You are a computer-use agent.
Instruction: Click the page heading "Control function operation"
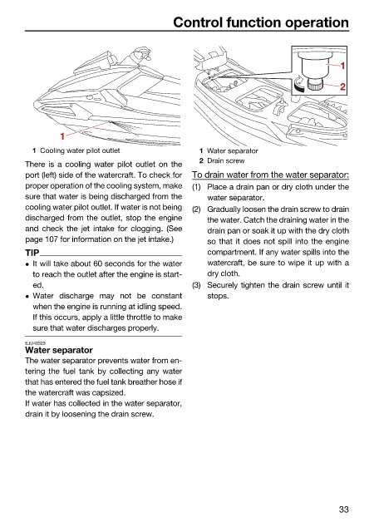point(261,22)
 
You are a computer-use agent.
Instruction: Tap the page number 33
point(343,510)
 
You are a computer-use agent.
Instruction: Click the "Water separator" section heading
point(59,350)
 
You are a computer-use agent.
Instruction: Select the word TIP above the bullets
point(32,253)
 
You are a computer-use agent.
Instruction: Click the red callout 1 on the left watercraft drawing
point(62,136)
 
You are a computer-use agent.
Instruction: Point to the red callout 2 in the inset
point(342,86)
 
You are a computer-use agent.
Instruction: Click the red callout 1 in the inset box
point(342,66)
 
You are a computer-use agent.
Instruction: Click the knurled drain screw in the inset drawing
point(314,84)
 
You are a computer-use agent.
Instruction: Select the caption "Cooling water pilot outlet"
point(80,150)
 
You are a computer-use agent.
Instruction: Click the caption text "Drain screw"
point(226,160)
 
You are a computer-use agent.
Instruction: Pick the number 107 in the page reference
point(52,239)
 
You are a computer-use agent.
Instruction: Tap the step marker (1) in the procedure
point(196,187)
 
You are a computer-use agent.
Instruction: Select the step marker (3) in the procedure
point(196,285)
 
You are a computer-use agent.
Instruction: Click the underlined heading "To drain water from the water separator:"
point(270,175)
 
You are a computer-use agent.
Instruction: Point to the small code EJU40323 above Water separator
point(35,343)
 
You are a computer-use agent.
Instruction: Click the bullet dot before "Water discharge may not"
point(27,297)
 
